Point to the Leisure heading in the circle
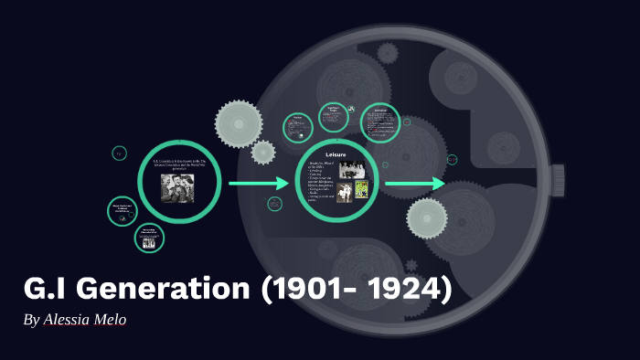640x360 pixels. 338,154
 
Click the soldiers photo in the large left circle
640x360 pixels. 178,188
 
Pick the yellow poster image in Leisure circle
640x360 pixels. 360,192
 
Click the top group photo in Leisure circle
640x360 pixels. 352,170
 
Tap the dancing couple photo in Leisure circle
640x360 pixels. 344,192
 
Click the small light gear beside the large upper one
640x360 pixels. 263,153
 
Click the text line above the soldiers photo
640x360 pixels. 180,165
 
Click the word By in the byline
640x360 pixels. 32,321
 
